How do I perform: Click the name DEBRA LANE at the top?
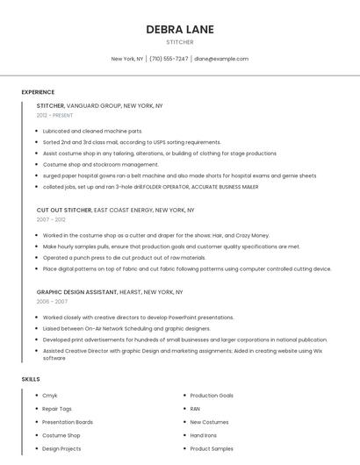coord(180,29)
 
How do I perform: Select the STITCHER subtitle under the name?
coord(180,42)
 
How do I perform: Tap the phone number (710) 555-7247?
coord(169,59)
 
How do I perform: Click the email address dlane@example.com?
coord(221,59)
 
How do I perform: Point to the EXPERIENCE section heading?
coord(38,92)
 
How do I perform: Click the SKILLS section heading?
coord(31,379)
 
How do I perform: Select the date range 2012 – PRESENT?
coord(54,115)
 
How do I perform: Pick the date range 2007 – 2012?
coord(50,220)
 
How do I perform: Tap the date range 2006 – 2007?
coord(52,301)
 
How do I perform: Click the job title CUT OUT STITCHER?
coord(64,211)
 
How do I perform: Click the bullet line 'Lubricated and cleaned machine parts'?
coord(92,131)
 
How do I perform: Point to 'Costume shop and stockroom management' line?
coord(100,164)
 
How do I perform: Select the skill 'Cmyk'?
coord(50,396)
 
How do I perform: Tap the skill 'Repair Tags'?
coord(57,409)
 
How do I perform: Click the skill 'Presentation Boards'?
coord(68,422)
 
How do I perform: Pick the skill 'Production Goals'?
coord(212,396)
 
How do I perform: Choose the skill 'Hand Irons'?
coord(203,435)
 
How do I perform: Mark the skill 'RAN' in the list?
coord(195,409)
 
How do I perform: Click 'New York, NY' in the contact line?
coord(127,59)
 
